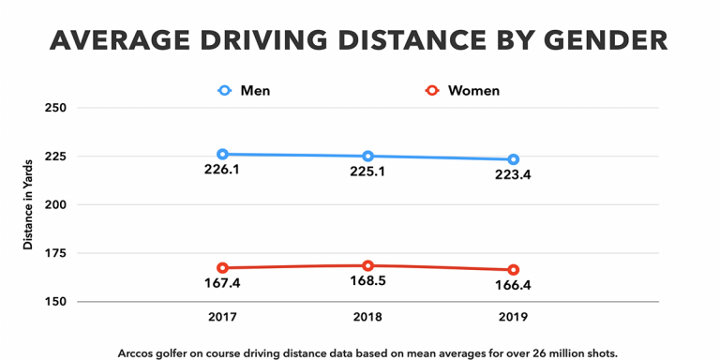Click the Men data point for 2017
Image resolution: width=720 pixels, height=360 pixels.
point(222,154)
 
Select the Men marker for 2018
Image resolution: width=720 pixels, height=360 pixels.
point(367,157)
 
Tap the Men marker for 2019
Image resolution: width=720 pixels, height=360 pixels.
point(513,159)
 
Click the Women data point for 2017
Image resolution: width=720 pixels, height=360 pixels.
point(222,268)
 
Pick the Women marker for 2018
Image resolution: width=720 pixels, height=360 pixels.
point(367,266)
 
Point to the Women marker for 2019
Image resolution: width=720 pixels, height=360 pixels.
point(513,270)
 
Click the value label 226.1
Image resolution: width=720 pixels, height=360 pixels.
point(222,172)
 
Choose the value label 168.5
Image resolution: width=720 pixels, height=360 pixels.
point(367,284)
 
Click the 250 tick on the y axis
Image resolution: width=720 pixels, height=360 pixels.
point(58,107)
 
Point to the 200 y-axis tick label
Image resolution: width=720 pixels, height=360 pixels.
point(58,204)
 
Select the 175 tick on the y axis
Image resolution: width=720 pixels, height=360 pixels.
point(58,253)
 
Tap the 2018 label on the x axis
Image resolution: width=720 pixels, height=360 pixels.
point(367,317)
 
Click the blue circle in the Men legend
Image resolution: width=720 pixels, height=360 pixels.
point(224,91)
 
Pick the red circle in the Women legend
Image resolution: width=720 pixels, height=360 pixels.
point(432,91)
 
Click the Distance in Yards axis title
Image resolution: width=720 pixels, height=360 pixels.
point(28,203)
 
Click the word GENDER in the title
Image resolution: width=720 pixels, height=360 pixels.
point(597,41)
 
